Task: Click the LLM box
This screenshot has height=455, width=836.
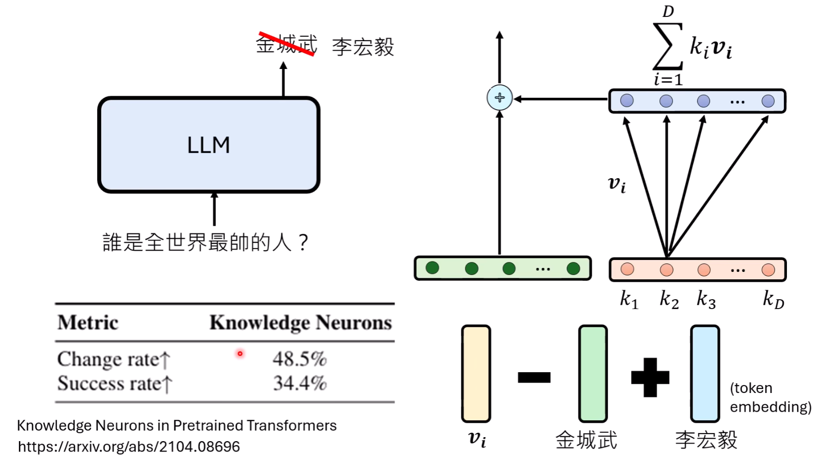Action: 208,144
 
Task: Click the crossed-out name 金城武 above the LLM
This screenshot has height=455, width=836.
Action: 286,44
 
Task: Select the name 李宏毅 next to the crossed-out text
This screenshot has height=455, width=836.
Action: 363,47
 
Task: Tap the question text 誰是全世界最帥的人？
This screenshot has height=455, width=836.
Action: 205,243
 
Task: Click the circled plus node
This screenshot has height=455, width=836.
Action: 499,98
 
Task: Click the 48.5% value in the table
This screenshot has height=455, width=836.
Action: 299,359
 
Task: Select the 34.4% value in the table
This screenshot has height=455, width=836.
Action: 299,383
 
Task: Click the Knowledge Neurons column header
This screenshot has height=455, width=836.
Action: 300,323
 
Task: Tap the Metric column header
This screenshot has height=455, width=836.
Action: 88,323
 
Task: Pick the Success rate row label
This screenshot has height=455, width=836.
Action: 114,384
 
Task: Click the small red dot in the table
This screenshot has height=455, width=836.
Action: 240,354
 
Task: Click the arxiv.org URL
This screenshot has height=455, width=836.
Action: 129,446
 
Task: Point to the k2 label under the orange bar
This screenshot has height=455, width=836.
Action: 668,300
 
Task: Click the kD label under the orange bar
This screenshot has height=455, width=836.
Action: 773,300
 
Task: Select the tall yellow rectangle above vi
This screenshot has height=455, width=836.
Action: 476,374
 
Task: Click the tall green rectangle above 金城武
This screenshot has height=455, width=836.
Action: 592,374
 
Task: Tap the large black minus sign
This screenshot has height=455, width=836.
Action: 534,378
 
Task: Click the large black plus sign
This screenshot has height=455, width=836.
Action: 650,378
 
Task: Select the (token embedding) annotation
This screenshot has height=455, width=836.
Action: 770,397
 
